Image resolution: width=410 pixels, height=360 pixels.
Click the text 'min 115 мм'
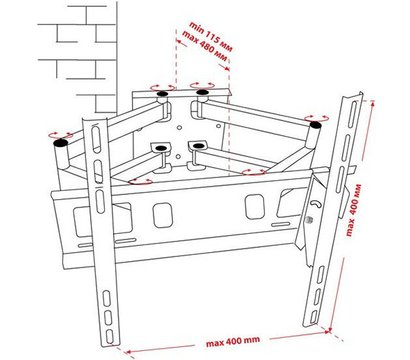click(x=211, y=36)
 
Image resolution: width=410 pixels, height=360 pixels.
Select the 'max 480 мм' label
click(x=205, y=46)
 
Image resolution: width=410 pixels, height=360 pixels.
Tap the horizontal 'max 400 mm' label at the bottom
click(x=233, y=341)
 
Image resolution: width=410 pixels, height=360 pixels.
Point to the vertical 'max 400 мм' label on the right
click(x=353, y=210)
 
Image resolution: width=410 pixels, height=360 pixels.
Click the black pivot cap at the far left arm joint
click(x=60, y=143)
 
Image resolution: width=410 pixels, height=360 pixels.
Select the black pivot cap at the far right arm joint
click(x=315, y=125)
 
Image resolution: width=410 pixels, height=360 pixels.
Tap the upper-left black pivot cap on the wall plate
click(x=162, y=94)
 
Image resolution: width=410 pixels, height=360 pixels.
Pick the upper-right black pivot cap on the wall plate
click(x=202, y=92)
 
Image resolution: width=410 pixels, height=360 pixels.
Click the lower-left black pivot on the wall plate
click(x=161, y=148)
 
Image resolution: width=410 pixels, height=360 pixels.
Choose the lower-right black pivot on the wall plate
click(x=198, y=145)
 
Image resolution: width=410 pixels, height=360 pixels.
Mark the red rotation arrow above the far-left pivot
click(x=60, y=135)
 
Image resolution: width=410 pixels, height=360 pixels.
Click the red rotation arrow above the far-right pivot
click(x=316, y=118)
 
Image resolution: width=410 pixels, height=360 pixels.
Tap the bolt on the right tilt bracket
click(x=309, y=219)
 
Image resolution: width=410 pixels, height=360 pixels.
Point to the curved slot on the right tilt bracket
click(x=316, y=204)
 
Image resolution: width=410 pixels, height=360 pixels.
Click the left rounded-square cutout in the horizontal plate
click(x=163, y=215)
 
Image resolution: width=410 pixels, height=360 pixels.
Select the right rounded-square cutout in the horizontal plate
click(x=255, y=207)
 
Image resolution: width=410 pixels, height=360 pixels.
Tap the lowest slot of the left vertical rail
click(x=110, y=336)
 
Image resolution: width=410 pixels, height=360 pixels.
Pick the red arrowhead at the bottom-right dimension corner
click(x=328, y=331)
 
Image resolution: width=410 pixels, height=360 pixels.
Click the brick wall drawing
click(x=78, y=57)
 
